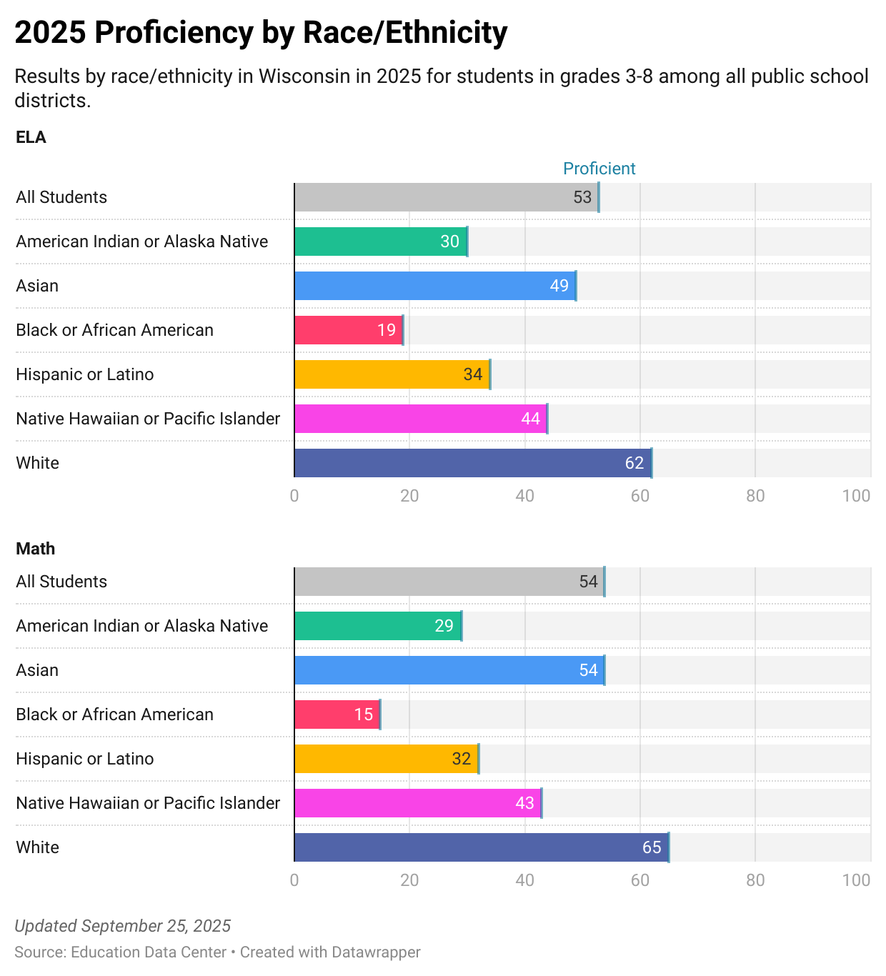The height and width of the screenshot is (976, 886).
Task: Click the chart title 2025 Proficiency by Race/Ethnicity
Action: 261,33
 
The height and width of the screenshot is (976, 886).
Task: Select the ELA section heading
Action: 31,137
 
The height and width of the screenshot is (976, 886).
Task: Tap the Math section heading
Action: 35,549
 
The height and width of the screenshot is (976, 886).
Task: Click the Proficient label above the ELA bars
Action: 599,169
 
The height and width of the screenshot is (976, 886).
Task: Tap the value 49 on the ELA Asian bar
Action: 559,286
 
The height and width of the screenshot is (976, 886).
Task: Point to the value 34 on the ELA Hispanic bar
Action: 472,374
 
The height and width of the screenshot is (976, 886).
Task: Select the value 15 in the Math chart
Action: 363,714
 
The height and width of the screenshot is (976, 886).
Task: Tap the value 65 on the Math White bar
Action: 652,847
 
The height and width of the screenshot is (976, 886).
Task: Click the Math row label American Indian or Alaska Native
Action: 141,626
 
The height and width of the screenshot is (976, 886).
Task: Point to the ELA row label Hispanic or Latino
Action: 84,374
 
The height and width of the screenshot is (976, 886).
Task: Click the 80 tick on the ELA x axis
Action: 755,496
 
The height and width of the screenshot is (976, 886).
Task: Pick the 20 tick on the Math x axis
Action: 409,880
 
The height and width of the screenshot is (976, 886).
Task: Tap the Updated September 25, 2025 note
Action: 122,926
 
